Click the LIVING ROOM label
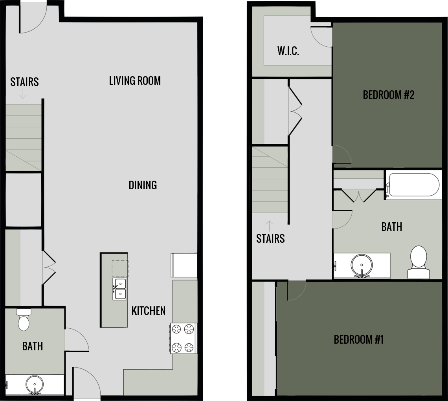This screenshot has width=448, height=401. point(135,81)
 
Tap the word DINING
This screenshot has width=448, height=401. point(143,185)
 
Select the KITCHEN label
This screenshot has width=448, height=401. point(148,311)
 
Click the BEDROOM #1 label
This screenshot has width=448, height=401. point(358,339)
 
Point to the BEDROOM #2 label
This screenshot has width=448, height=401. point(389,95)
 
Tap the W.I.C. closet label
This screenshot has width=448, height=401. point(288,51)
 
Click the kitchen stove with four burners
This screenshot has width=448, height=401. point(184,338)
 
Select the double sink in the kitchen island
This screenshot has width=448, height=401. point(120,289)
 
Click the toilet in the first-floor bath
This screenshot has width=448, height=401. point(24,320)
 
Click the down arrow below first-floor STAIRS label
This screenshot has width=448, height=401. point(24,93)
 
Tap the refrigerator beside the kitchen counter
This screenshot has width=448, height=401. point(184,265)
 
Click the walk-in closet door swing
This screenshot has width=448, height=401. point(321,37)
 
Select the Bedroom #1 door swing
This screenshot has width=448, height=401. point(296,291)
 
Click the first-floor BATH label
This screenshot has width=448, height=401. point(33,346)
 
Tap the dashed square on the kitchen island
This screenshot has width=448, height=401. point(120,269)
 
